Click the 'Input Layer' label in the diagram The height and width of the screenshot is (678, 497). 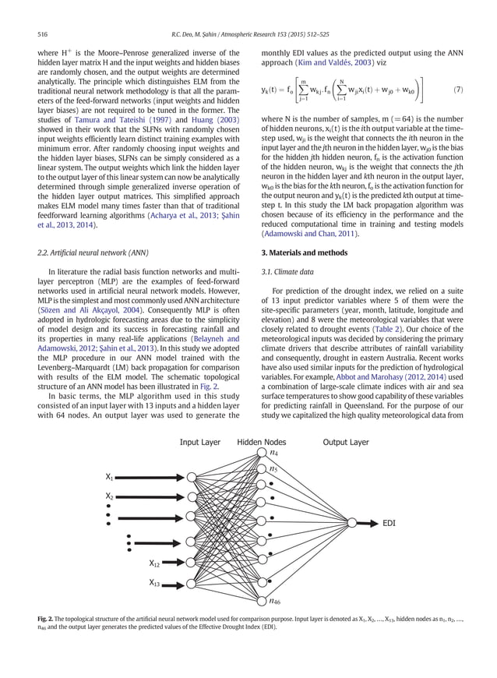pyautogui.click(x=201, y=441)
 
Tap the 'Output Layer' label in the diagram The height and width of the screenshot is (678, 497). pyautogui.click(x=346, y=441)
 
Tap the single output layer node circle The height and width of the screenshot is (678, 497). pyautogui.click(x=352, y=523)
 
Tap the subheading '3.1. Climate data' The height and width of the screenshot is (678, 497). pyautogui.click(x=283, y=271)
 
